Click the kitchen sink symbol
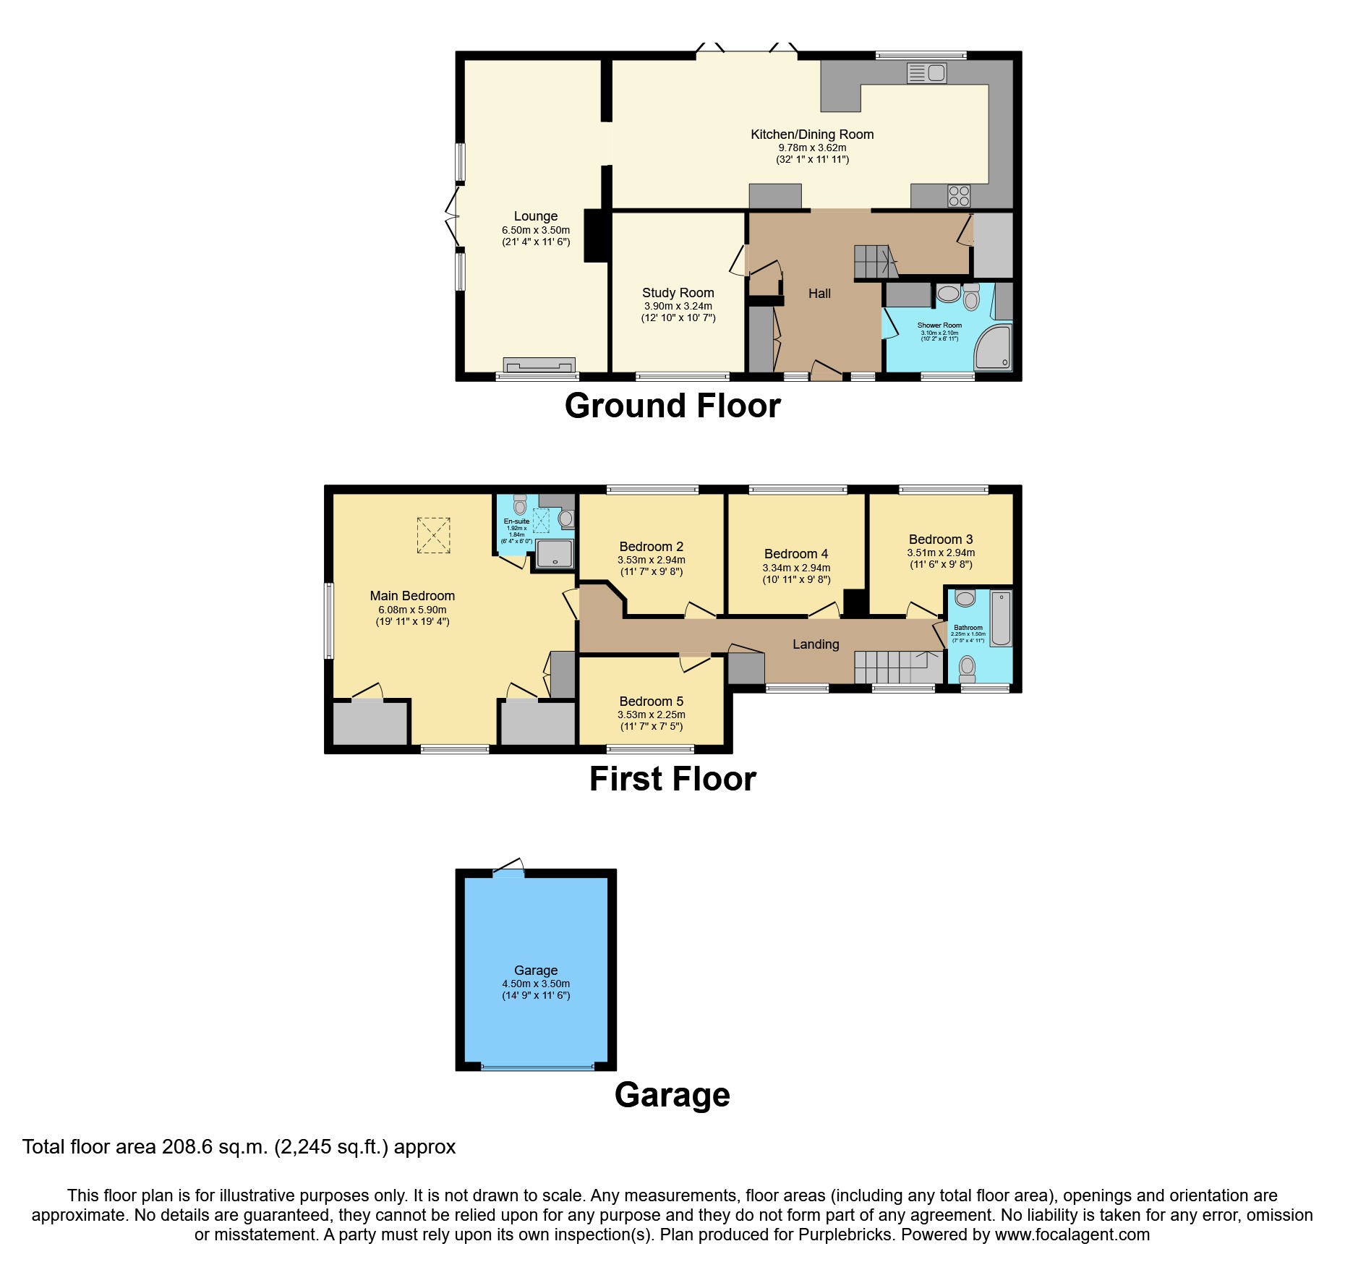(926, 72)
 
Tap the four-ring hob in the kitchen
(959, 195)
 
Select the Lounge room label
(536, 216)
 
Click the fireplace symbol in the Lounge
(539, 364)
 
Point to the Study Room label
(678, 293)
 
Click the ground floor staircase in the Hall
(874, 262)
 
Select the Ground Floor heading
(672, 406)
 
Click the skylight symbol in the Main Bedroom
(433, 535)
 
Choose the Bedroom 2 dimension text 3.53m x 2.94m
(651, 560)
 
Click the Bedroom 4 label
(796, 554)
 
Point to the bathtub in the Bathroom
(1001, 618)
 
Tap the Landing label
(816, 644)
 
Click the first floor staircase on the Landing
(897, 667)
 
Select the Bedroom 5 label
(651, 702)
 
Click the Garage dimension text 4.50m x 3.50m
(536, 984)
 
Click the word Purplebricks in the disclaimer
(845, 1235)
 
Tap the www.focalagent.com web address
(1072, 1235)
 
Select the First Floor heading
(672, 779)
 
